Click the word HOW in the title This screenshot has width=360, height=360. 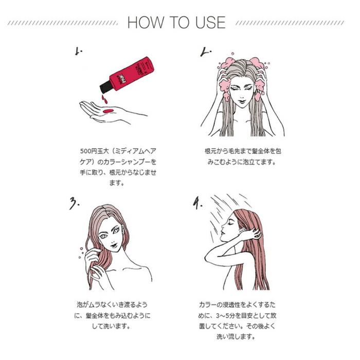pos(146,23)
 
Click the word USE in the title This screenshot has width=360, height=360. pos(210,23)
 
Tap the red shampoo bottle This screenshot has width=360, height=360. pos(127,75)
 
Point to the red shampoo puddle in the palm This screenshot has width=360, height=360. pos(108,111)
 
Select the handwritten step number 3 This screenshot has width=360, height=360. pos(75,203)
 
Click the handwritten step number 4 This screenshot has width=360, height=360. pos(197,203)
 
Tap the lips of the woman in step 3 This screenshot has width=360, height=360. pos(114,245)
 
